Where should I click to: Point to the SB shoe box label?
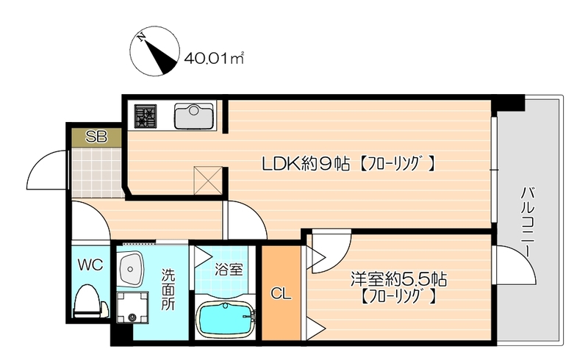point(96,137)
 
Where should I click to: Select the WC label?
point(91,264)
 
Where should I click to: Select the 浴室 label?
point(228,270)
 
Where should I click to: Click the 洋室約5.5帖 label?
point(399,280)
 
